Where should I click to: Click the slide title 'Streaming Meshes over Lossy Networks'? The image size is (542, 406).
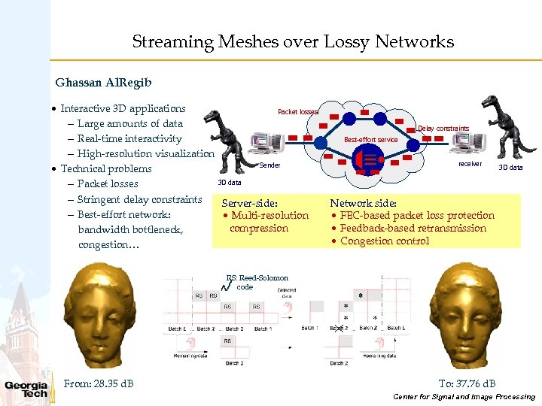[293, 42]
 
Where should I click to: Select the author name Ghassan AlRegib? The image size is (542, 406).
[96, 82]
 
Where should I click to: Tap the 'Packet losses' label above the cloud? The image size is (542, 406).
[298, 112]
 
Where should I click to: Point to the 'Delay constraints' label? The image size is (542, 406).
[443, 129]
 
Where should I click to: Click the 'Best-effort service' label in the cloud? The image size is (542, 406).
[371, 140]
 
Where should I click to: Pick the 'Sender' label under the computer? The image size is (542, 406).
[269, 165]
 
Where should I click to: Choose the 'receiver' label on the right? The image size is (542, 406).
[470, 163]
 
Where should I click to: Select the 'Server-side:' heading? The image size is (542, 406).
[250, 203]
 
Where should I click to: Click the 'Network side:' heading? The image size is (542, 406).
[364, 203]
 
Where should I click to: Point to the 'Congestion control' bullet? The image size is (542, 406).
[385, 241]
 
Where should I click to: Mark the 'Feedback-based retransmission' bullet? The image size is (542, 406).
[413, 229]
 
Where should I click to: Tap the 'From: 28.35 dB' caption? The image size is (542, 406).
[99, 384]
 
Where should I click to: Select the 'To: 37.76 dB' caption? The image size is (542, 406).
[467, 383]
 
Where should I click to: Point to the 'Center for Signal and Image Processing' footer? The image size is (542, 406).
[464, 397]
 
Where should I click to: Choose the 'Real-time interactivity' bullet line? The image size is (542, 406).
[129, 139]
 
